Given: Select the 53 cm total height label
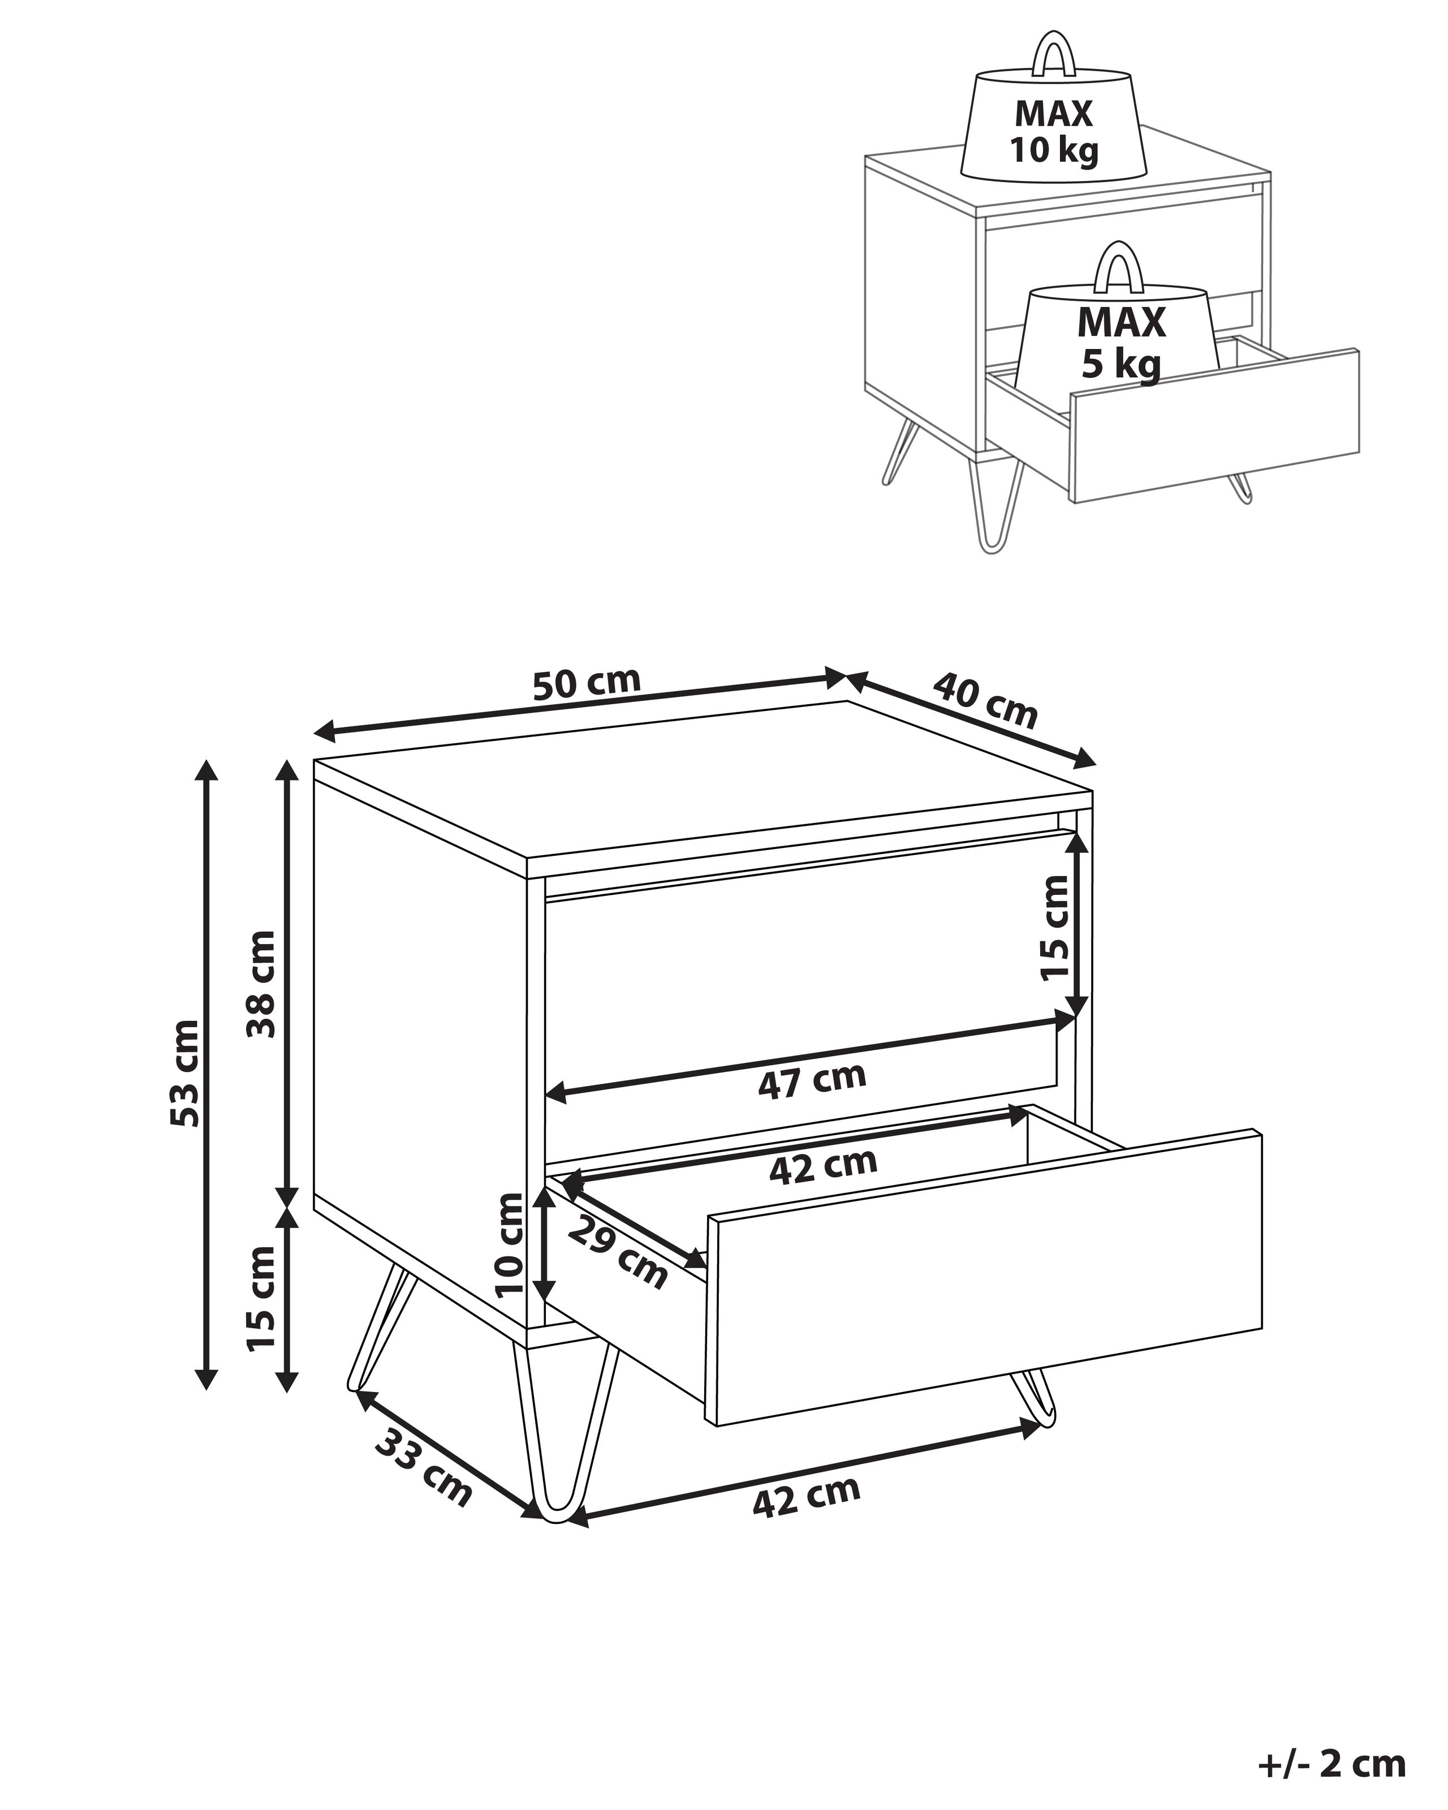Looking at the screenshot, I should pos(184,1073).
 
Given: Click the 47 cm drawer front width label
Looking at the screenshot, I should pos(812,1080).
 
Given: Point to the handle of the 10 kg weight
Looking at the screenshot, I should pos(1054,53).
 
